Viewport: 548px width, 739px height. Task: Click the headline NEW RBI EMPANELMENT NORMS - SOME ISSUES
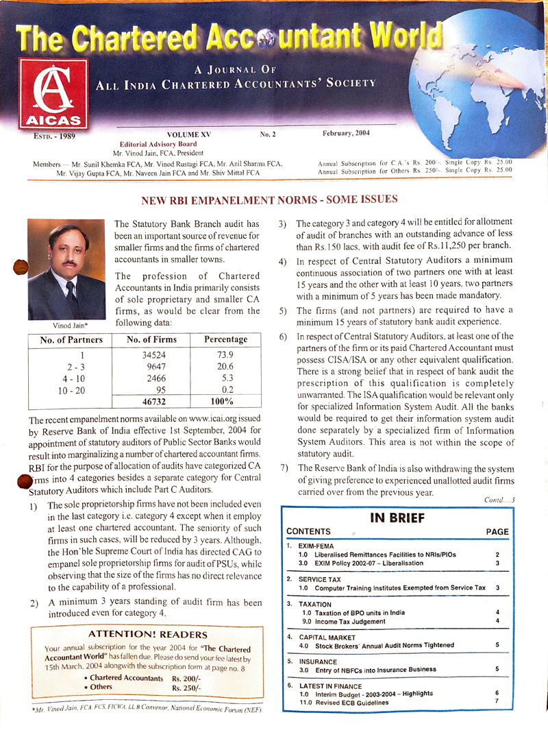269,201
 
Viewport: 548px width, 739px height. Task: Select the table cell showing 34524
154,355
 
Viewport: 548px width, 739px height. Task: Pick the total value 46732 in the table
154,402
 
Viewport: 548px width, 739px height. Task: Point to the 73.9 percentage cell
225,355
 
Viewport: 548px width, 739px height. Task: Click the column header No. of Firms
154,339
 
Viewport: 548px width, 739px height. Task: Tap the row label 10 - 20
73,390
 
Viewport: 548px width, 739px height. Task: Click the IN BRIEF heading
397,518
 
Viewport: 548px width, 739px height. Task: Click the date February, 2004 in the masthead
346,133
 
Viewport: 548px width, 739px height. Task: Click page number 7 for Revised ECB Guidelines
497,702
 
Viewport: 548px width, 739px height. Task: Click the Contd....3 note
499,500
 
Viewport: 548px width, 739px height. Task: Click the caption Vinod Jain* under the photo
66,324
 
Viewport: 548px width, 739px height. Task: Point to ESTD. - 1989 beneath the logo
55,136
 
